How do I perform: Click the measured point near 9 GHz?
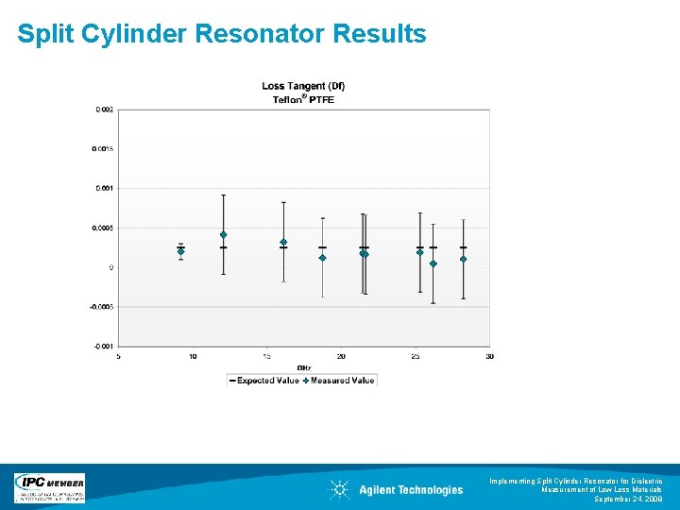coord(180,251)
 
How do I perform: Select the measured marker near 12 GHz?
coord(223,234)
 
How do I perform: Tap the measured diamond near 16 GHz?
coord(283,242)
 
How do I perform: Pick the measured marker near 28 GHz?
coord(463,259)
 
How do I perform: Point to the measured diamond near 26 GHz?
coord(433,263)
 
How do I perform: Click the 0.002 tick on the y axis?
coord(104,110)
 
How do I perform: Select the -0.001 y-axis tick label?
coord(104,347)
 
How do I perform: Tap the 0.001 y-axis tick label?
coord(104,189)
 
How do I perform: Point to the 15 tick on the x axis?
coord(267,356)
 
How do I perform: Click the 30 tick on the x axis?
coord(489,356)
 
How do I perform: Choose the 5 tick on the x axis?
coord(118,356)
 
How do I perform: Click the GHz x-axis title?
coord(304,367)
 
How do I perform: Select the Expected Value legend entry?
coord(263,381)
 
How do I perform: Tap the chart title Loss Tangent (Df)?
coord(303,87)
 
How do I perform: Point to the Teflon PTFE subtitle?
coord(303,99)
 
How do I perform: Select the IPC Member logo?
coord(49,488)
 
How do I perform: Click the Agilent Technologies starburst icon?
coord(339,489)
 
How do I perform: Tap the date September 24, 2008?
coord(628,499)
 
